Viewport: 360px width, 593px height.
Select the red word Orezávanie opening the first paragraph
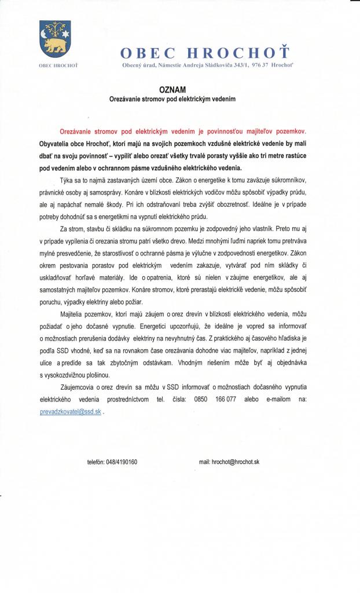(77, 131)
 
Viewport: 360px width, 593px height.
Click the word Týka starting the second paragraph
(67, 181)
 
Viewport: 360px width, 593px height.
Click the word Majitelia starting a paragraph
(72, 313)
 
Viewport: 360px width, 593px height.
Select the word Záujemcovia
(80, 387)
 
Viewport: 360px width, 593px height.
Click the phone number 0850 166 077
(215, 400)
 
